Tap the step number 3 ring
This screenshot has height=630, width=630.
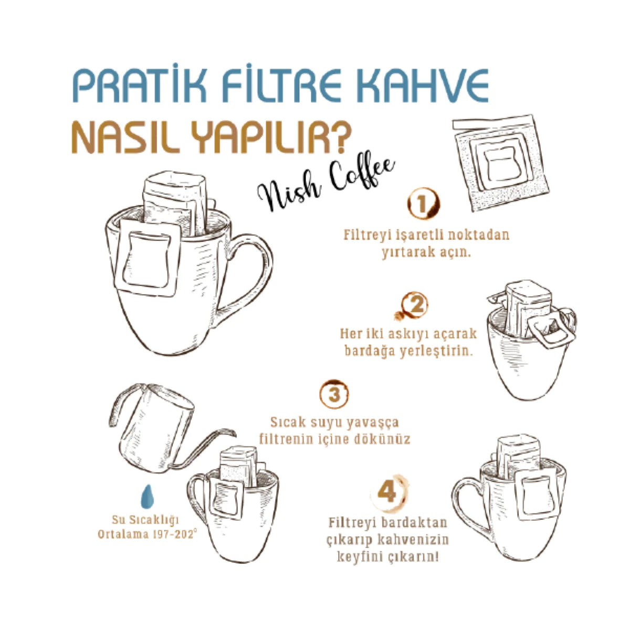tap(334, 393)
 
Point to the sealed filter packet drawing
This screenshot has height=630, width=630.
tap(501, 162)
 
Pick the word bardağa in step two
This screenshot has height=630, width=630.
tap(367, 351)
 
